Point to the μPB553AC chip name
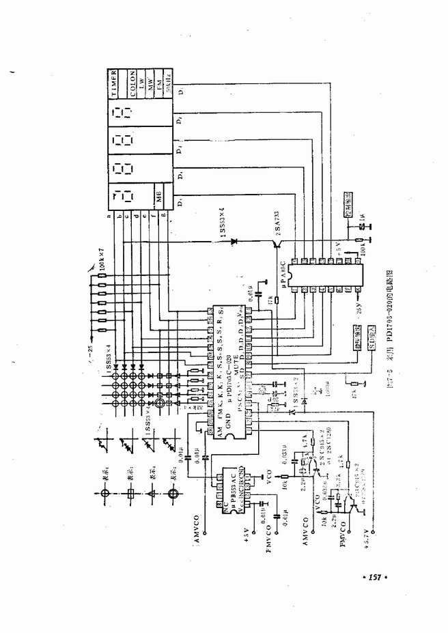[x=232, y=492]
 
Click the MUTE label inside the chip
[x=234, y=369]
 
